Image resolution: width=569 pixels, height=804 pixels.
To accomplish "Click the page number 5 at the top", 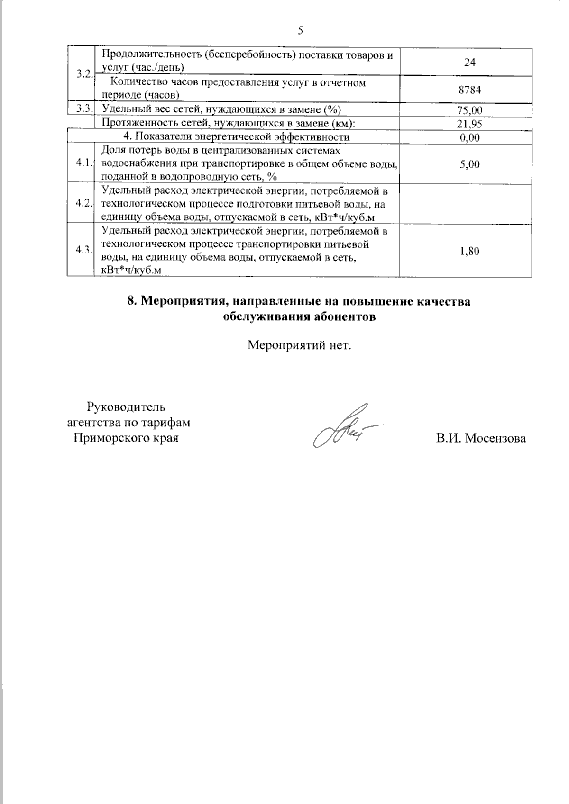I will pyautogui.click(x=300, y=31).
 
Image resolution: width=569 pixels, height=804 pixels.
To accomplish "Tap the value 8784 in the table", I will pyautogui.click(x=469, y=90).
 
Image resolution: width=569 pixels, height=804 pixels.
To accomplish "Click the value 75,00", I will pyautogui.click(x=469, y=110).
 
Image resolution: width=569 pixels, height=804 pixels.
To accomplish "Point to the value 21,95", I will pyautogui.click(x=469, y=124).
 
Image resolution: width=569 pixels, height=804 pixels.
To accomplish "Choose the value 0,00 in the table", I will pyautogui.click(x=469, y=138).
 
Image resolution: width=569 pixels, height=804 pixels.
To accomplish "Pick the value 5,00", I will pyautogui.click(x=469, y=164).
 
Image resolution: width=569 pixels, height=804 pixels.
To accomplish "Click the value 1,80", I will pyautogui.click(x=469, y=251).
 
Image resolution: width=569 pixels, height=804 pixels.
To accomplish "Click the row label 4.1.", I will pyautogui.click(x=83, y=163).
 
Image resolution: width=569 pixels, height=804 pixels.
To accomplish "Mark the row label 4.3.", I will pyautogui.click(x=83, y=250).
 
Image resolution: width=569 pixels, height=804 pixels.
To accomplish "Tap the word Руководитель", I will pyautogui.click(x=126, y=407).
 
